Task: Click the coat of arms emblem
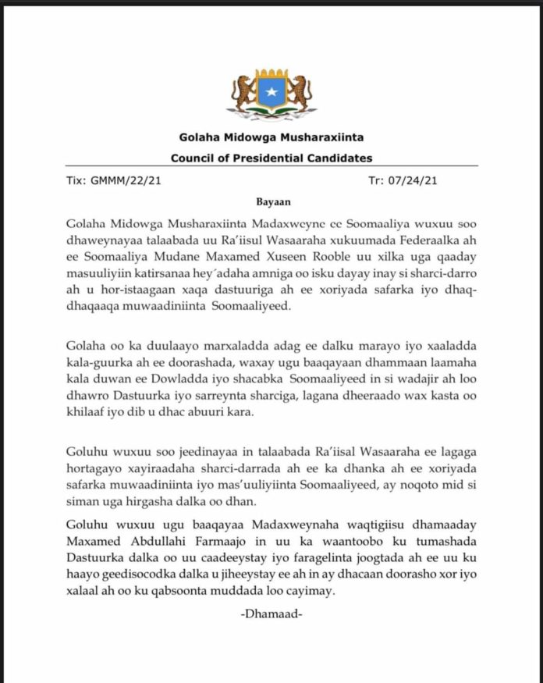(x=272, y=93)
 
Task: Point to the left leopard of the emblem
(x=244, y=93)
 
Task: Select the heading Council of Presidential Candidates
(x=271, y=158)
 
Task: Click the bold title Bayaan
(x=271, y=201)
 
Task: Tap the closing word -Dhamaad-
(x=271, y=615)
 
